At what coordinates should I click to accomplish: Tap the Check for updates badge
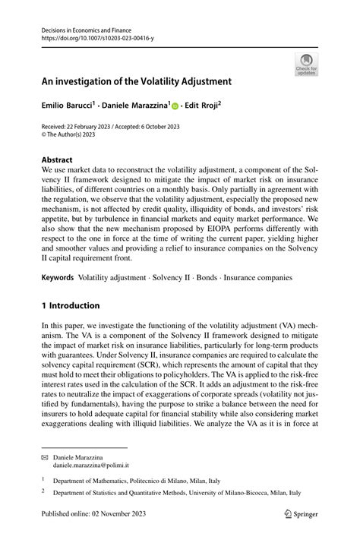[x=305, y=64]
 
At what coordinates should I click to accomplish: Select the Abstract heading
[x=57, y=160]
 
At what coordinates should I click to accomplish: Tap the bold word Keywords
[x=58, y=278]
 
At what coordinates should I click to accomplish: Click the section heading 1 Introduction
[x=71, y=305]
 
